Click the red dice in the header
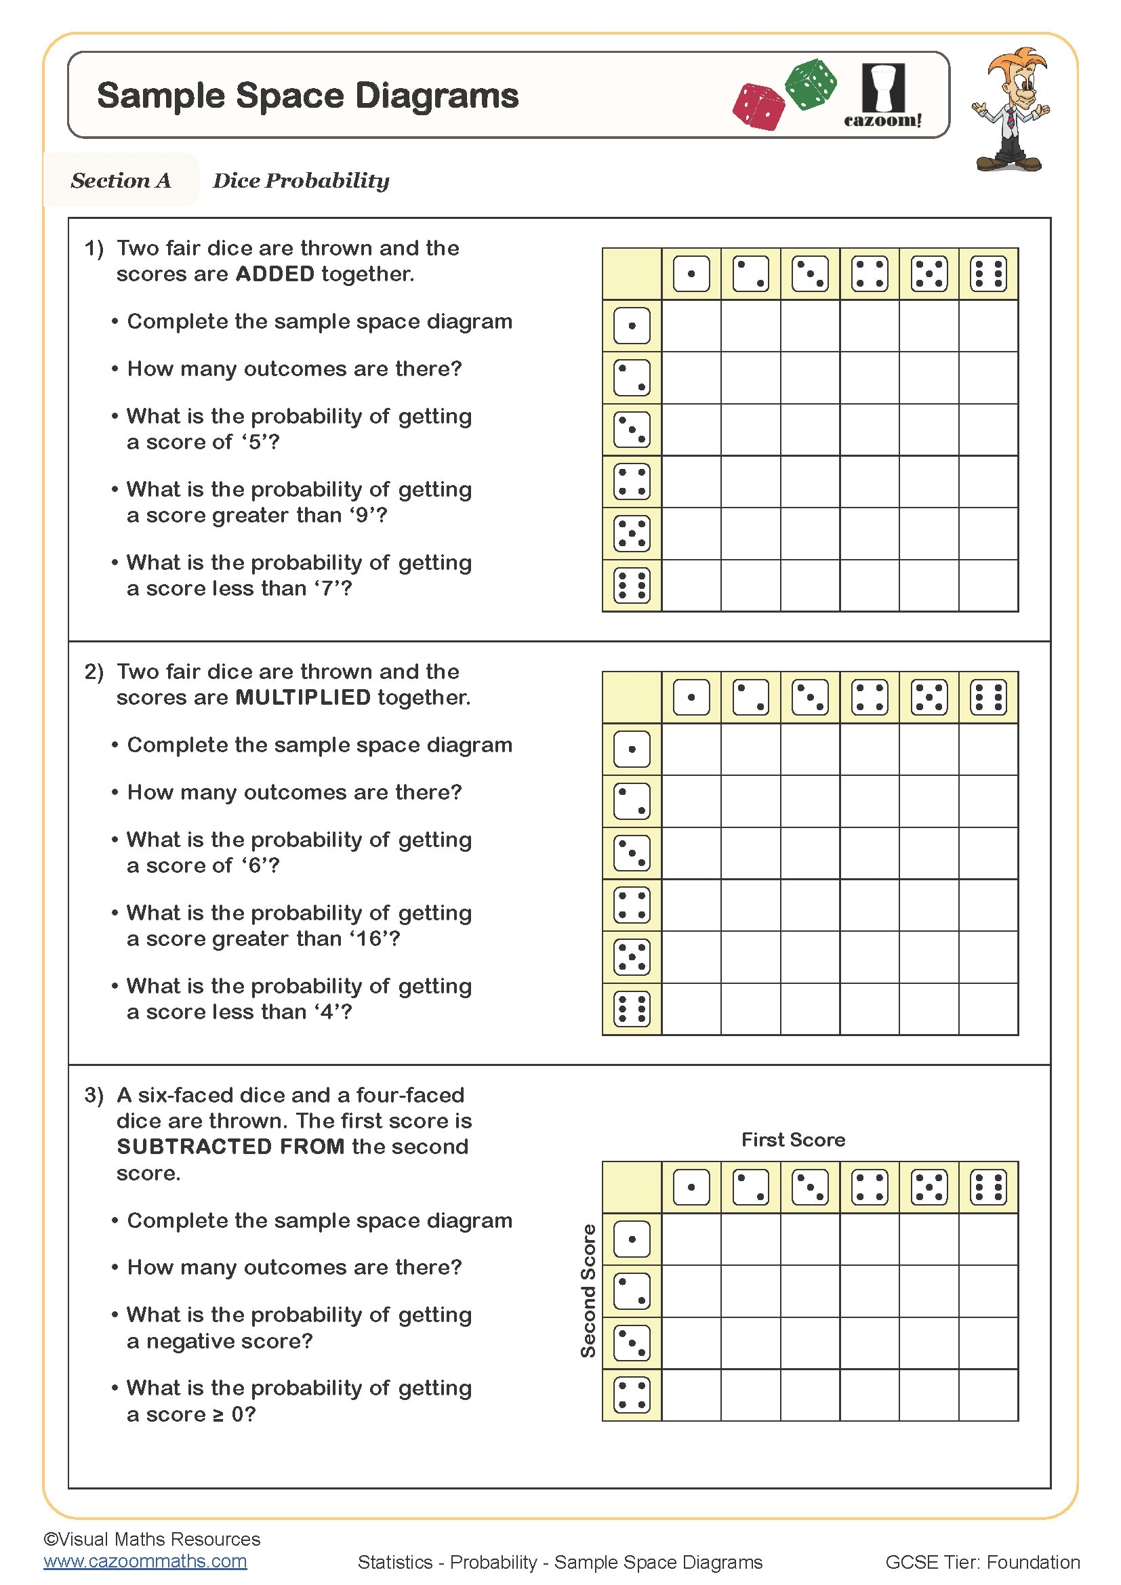758,107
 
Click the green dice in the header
811,84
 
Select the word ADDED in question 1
274,274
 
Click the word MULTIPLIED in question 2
303,697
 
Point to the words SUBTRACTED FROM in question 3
230,1147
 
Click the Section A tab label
121,181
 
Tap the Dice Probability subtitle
301,181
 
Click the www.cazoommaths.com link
145,1561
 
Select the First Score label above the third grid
793,1140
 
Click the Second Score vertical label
588,1291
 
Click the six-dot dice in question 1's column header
987,274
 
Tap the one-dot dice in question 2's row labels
632,749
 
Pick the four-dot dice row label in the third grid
632,1395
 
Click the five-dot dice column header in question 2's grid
929,697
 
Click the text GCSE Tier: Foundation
982,1562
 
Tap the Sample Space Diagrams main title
308,96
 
